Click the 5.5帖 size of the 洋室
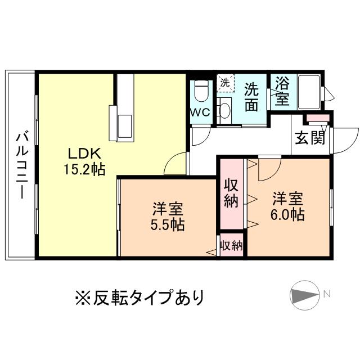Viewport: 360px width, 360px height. coord(167,224)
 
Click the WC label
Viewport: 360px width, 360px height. coord(200,112)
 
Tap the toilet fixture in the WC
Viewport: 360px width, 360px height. coord(201,90)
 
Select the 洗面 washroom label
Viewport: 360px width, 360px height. coord(251,96)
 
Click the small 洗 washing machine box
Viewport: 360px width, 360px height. coord(225,82)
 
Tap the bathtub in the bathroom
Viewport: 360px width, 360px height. coord(307,91)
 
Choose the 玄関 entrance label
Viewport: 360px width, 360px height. coord(308,138)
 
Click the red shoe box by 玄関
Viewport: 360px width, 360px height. coord(316,118)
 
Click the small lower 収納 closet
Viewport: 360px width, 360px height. coord(231,245)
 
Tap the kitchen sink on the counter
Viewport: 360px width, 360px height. coord(125,122)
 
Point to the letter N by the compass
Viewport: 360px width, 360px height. coord(327,292)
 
